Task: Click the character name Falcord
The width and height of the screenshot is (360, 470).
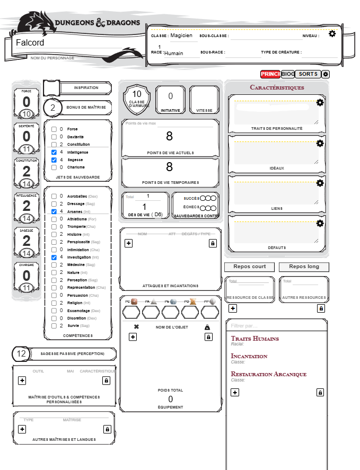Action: pyautogui.click(x=30, y=42)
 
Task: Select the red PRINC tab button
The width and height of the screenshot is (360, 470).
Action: pyautogui.click(x=270, y=74)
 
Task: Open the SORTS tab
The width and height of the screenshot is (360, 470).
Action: pyautogui.click(x=308, y=74)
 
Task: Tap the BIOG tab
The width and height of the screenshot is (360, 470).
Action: pyautogui.click(x=288, y=74)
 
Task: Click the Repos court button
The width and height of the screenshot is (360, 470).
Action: pyautogui.click(x=249, y=267)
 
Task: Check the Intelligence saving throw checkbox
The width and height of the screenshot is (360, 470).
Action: pyautogui.click(x=54, y=152)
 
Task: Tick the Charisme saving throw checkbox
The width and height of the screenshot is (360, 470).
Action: pyautogui.click(x=54, y=167)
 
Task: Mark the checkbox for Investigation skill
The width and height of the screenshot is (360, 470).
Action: pyautogui.click(x=54, y=257)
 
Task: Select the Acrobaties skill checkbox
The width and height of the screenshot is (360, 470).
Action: pyautogui.click(x=54, y=196)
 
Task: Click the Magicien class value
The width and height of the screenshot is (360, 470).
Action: pyautogui.click(x=181, y=36)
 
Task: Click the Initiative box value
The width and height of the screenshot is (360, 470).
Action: pyautogui.click(x=170, y=96)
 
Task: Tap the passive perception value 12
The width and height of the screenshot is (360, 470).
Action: pyautogui.click(x=22, y=354)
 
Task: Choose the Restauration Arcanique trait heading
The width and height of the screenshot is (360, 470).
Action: pyautogui.click(x=269, y=374)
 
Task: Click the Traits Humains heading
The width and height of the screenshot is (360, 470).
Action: pyautogui.click(x=254, y=339)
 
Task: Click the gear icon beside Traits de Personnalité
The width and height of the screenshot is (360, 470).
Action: pyautogui.click(x=320, y=102)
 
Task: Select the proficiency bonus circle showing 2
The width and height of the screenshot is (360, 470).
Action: pyautogui.click(x=52, y=108)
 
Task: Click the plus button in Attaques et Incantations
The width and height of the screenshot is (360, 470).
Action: pyautogui.click(x=128, y=243)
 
